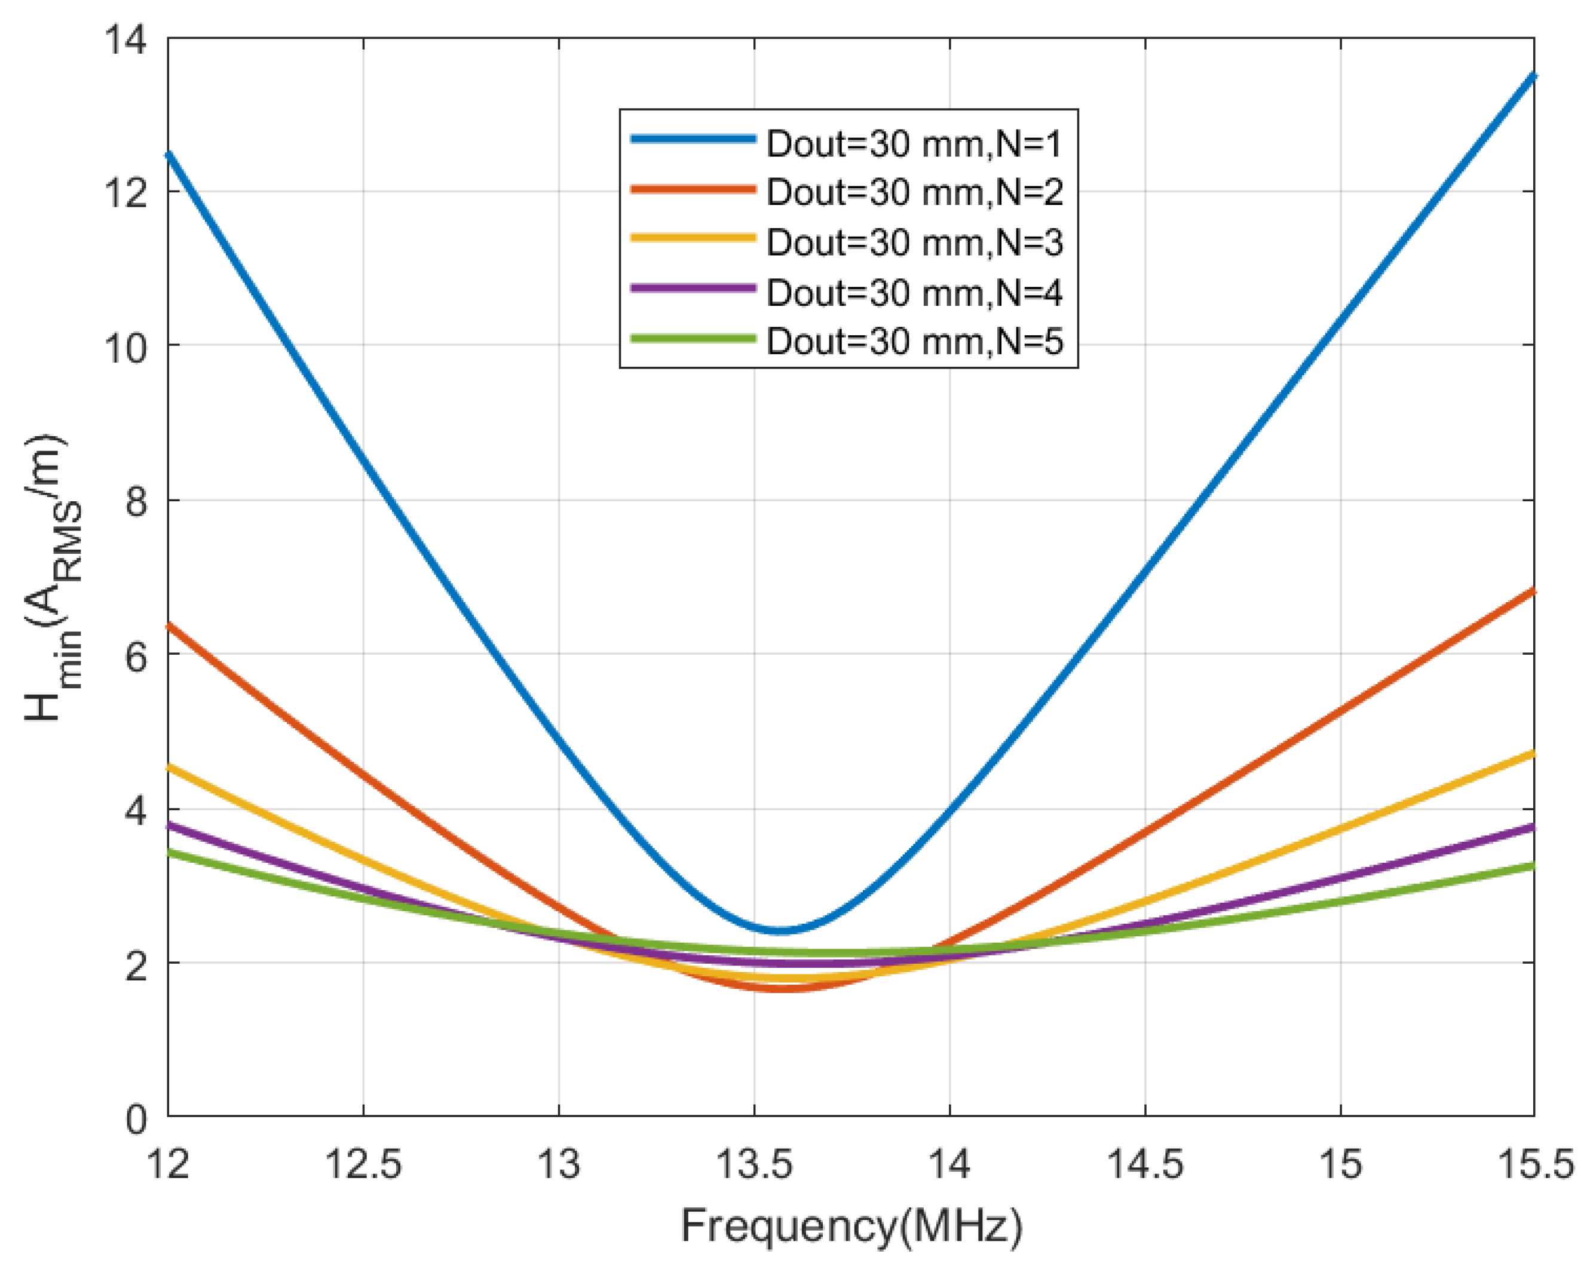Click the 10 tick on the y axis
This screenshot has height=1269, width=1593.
click(x=124, y=347)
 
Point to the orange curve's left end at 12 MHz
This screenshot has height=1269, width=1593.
click(x=169, y=626)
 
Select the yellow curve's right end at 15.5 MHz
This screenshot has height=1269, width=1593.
click(x=1533, y=753)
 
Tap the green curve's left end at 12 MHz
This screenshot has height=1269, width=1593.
click(x=169, y=853)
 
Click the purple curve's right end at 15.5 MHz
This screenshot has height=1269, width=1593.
click(x=1533, y=826)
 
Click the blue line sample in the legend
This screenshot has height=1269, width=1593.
click(x=693, y=139)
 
